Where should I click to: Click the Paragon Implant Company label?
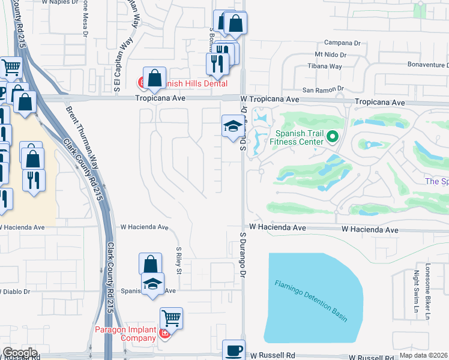[126, 333]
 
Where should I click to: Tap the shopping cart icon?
[172, 318]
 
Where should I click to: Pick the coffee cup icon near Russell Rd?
[234, 350]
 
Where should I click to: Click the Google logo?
[20, 353]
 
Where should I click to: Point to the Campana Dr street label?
[342, 43]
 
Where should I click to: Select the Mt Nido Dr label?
[324, 55]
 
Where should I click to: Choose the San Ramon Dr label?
[322, 89]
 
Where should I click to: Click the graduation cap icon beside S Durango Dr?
[232, 125]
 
